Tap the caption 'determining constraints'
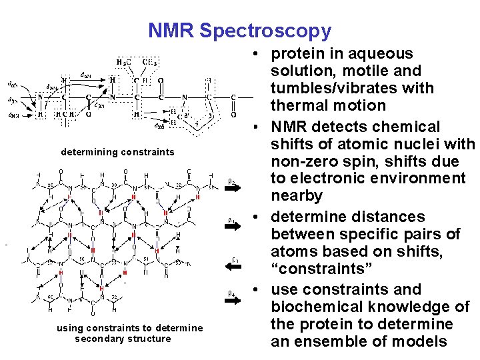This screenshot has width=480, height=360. [117, 152]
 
